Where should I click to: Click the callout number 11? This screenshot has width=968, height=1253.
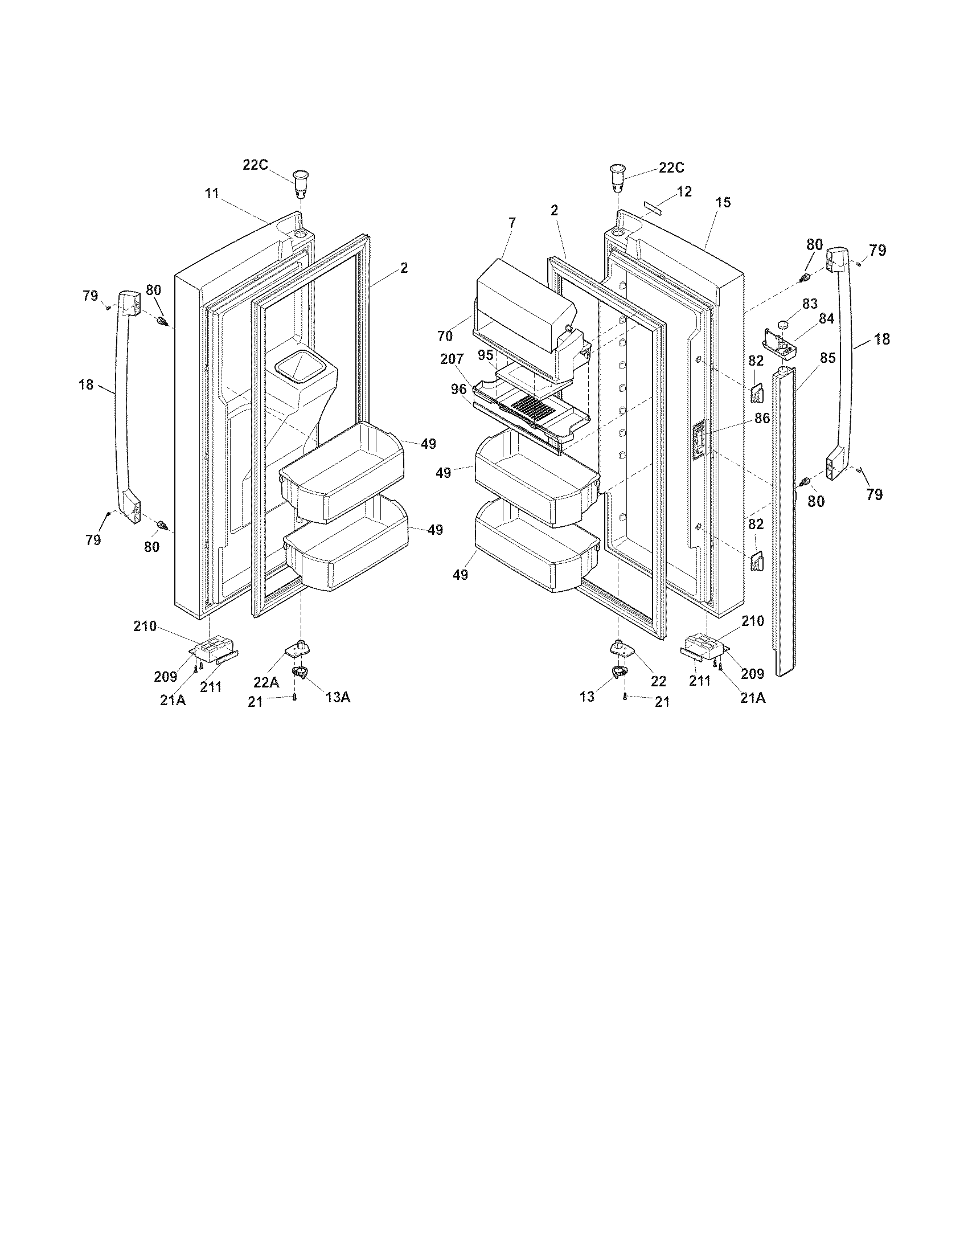[x=212, y=194]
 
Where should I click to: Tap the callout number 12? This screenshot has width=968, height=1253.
[x=684, y=191]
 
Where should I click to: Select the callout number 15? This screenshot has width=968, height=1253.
[x=724, y=203]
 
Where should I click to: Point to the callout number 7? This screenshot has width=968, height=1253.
[x=511, y=222]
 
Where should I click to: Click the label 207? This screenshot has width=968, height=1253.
[x=452, y=360]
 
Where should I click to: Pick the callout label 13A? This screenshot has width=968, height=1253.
[x=338, y=697]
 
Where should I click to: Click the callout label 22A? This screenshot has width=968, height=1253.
[x=266, y=683]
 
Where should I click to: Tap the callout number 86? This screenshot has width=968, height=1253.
[x=762, y=419]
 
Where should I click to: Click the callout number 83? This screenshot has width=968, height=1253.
[x=810, y=304]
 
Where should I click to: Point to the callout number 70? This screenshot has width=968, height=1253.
[x=445, y=336]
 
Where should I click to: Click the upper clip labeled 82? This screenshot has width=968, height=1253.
[x=756, y=394]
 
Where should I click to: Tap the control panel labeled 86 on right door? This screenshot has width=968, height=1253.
[x=699, y=441]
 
